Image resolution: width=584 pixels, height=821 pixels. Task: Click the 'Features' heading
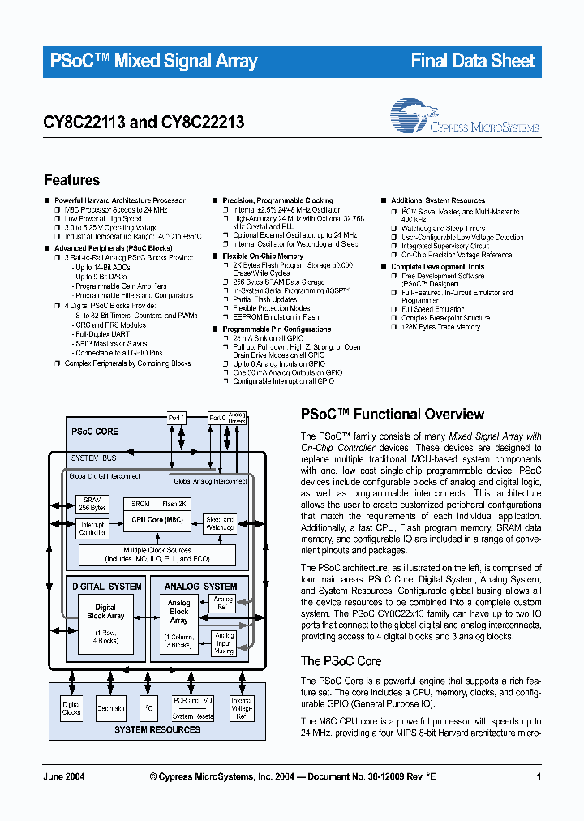[x=72, y=180]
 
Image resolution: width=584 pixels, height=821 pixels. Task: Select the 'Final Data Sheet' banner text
[x=473, y=61]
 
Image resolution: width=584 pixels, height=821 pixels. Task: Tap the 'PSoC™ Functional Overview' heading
[x=393, y=415]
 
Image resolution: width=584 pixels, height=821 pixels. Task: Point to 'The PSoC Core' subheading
[x=341, y=661]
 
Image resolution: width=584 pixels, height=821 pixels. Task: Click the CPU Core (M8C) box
[x=157, y=519]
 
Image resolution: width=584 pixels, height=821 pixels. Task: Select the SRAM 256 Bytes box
[x=92, y=504]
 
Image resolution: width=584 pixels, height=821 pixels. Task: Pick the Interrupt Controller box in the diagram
[x=92, y=529]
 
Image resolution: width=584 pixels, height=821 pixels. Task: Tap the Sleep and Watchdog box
[x=220, y=524]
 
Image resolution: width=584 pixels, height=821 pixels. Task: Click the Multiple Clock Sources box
[x=157, y=555]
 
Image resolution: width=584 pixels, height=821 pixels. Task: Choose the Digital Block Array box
[x=105, y=622]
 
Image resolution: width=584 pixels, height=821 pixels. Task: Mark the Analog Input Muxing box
[x=224, y=643]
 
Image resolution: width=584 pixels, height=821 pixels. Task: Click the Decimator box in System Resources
[x=111, y=708]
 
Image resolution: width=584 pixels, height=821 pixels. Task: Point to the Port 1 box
[x=178, y=418]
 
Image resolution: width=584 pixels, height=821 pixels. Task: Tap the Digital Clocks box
[x=71, y=708]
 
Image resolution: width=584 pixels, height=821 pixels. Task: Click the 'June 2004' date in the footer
[x=62, y=777]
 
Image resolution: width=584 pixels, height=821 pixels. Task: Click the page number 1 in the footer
[x=539, y=777]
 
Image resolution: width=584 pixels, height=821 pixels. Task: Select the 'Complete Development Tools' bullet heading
[x=438, y=267]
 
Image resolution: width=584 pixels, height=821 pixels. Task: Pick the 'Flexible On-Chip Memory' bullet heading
[x=263, y=256]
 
